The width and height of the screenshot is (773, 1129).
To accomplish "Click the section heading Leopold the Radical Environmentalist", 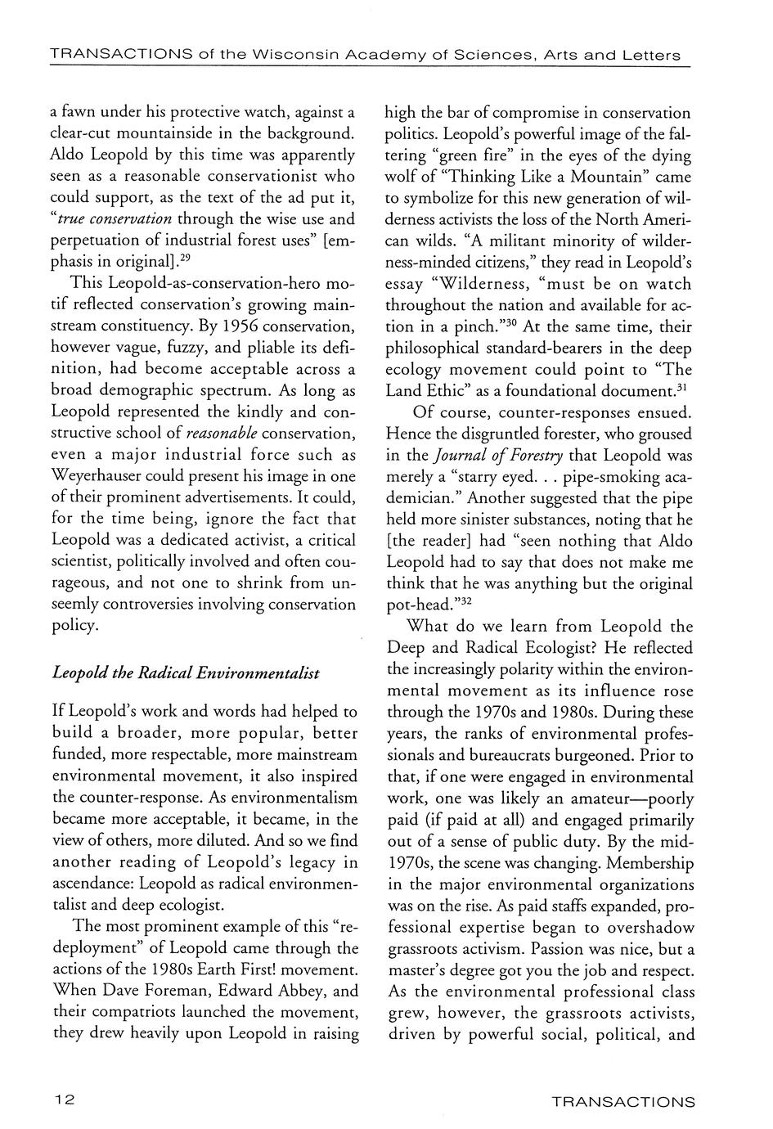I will (x=185, y=673).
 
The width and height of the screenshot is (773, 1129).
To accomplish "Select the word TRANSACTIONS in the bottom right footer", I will (x=623, y=1102).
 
